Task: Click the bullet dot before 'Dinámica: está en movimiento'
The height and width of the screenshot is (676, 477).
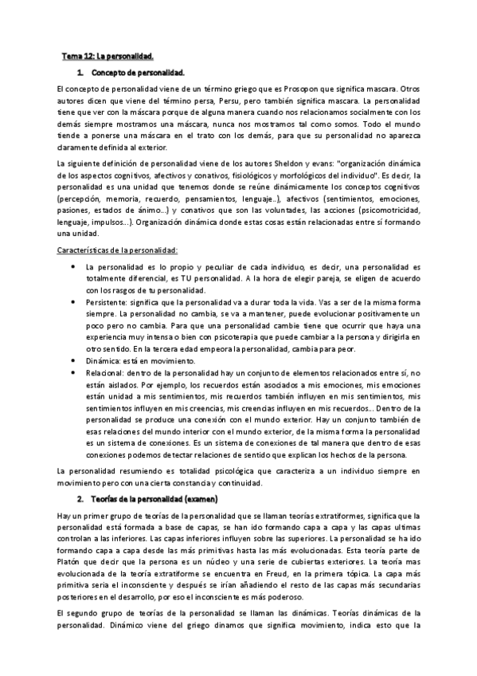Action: click(x=73, y=360)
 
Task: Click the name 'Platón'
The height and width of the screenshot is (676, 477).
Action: click(x=72, y=560)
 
